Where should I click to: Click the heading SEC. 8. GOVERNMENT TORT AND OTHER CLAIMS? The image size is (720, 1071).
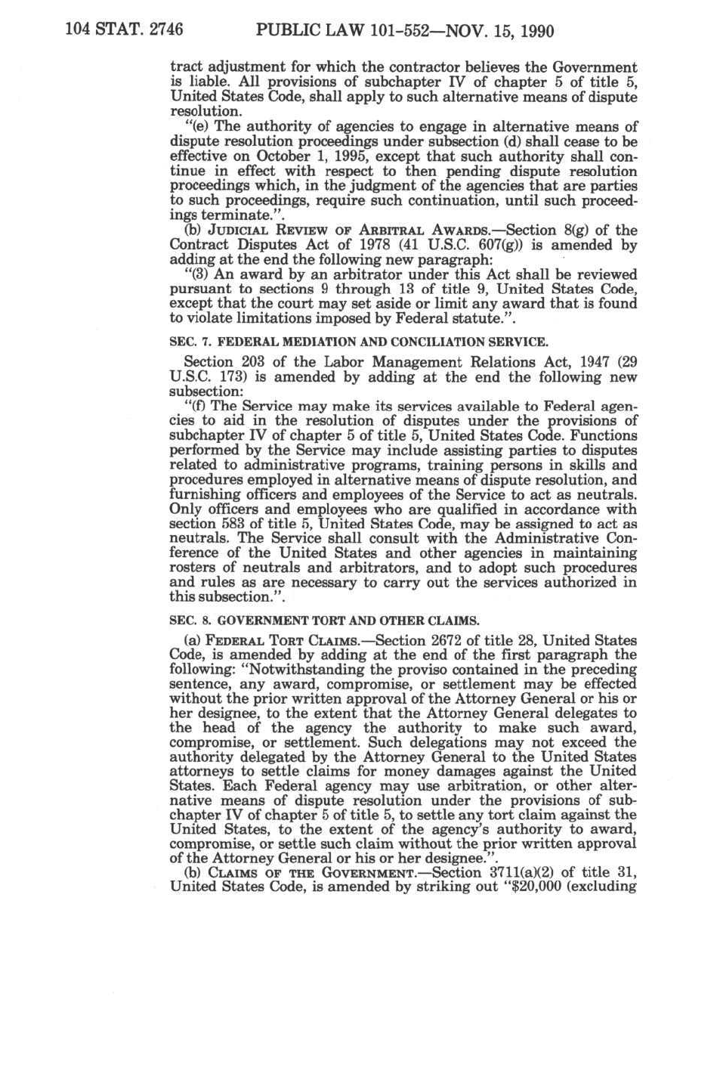(324, 621)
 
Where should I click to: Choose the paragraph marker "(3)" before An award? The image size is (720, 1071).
(198, 274)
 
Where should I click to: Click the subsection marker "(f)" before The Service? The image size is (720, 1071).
(196, 407)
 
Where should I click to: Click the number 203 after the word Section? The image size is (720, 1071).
(256, 363)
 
